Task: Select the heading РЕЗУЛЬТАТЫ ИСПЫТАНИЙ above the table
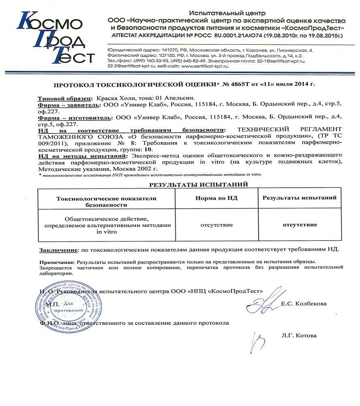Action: coord(198,185)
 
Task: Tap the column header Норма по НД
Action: coord(217,198)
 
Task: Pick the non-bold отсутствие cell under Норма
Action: coord(217,225)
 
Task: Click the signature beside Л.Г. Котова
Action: coord(259,341)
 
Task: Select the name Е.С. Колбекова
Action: coord(304,304)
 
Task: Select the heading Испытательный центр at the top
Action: coord(227,13)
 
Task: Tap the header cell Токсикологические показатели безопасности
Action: coord(105,201)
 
